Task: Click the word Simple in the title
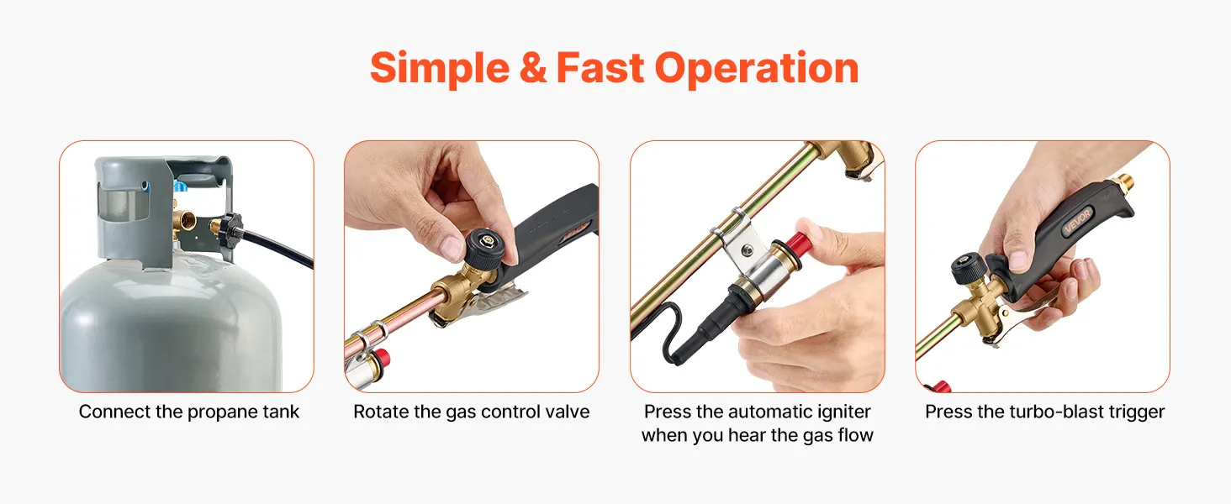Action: pyautogui.click(x=440, y=69)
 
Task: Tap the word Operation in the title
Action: pyautogui.click(x=756, y=69)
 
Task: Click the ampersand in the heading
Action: pyautogui.click(x=532, y=67)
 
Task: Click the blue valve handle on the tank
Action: pyautogui.click(x=181, y=186)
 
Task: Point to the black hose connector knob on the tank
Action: pyautogui.click(x=231, y=230)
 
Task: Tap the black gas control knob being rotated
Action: pyautogui.click(x=484, y=247)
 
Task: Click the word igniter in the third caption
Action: pyautogui.click(x=843, y=412)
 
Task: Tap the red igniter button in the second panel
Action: pyautogui.click(x=383, y=356)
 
